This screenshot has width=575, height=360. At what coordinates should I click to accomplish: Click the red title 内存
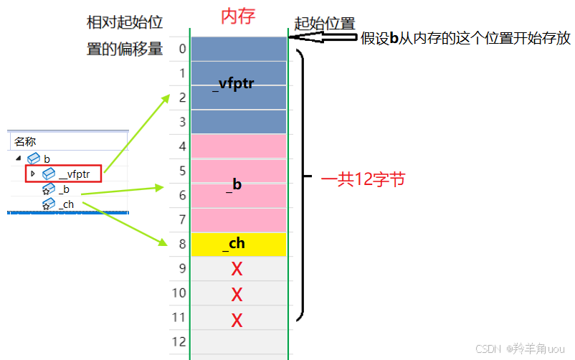pyautogui.click(x=238, y=16)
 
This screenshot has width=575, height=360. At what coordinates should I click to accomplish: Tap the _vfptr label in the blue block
pyautogui.click(x=234, y=84)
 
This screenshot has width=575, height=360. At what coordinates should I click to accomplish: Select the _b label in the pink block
pyautogui.click(x=234, y=184)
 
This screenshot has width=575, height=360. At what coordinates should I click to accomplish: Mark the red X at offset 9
pyautogui.click(x=237, y=270)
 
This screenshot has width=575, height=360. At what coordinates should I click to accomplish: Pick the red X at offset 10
pyautogui.click(x=237, y=294)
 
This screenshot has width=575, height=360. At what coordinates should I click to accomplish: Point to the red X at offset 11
pyautogui.click(x=237, y=320)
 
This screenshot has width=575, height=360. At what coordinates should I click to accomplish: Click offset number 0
pyautogui.click(x=182, y=49)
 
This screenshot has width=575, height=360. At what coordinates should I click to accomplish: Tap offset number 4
pyautogui.click(x=182, y=147)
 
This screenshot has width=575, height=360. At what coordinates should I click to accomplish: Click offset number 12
pyautogui.click(x=180, y=341)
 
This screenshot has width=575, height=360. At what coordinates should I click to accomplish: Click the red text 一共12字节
pyautogui.click(x=363, y=179)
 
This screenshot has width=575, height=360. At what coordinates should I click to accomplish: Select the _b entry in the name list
pyautogui.click(x=65, y=189)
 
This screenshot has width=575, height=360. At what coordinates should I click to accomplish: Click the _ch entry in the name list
pyautogui.click(x=66, y=205)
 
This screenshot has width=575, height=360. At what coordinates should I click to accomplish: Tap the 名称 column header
pyautogui.click(x=25, y=142)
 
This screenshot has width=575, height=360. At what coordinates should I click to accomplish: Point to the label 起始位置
pyautogui.click(x=325, y=23)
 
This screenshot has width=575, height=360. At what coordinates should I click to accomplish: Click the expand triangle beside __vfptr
pyautogui.click(x=32, y=173)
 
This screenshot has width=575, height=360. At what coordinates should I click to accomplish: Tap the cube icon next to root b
pyautogui.click(x=34, y=158)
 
